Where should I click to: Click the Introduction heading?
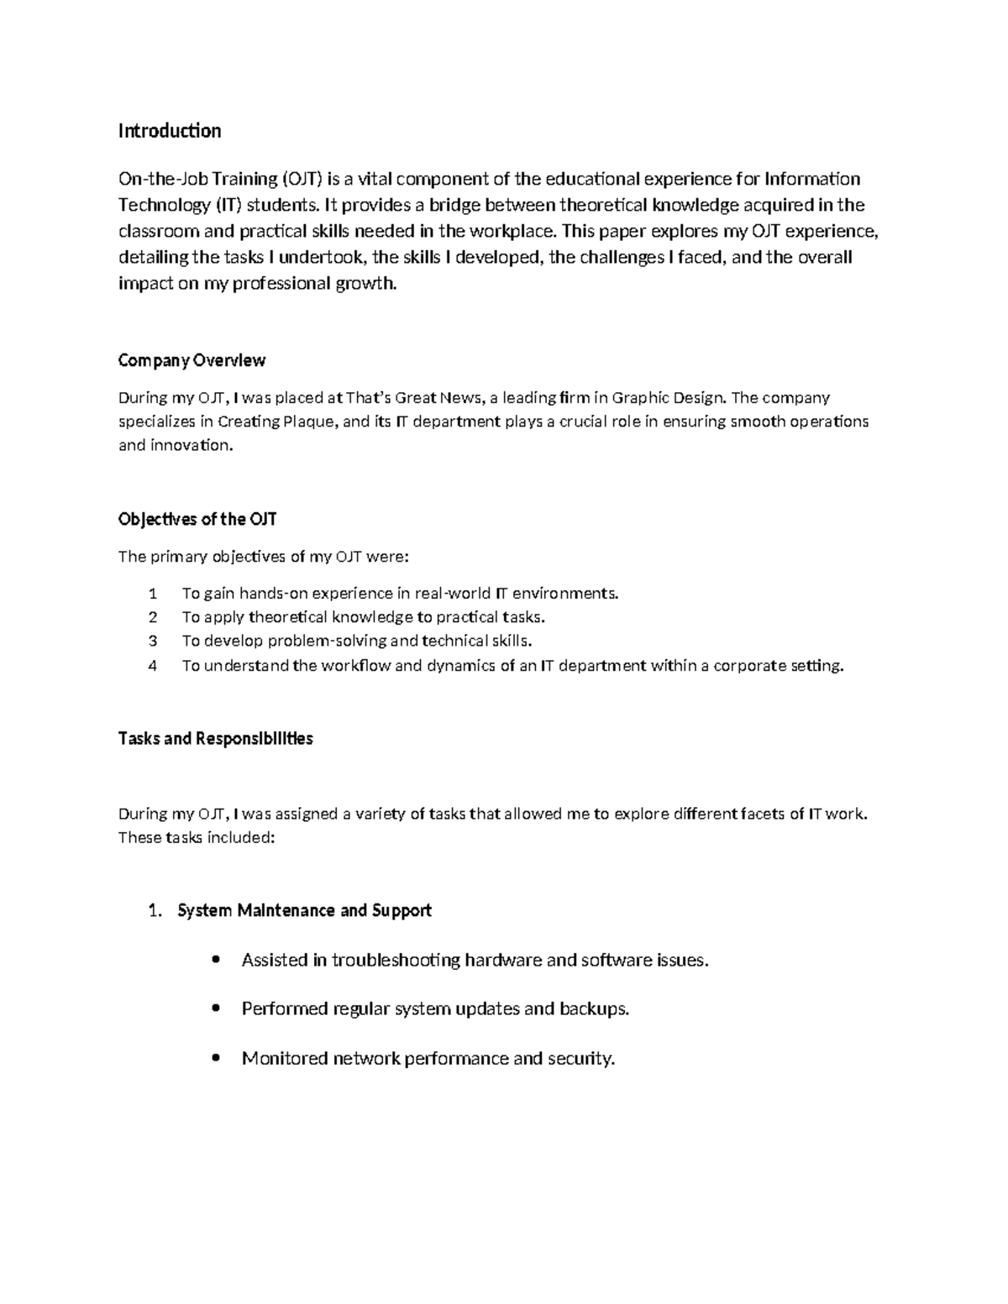pyautogui.click(x=170, y=131)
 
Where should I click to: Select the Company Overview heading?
pyautogui.click(x=192, y=360)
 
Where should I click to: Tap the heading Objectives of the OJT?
pyautogui.click(x=197, y=519)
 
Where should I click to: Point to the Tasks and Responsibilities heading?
pyautogui.click(x=216, y=739)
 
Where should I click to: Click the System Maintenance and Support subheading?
pyautogui.click(x=304, y=910)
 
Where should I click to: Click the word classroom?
pyautogui.click(x=159, y=231)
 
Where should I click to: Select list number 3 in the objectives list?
pyautogui.click(x=153, y=642)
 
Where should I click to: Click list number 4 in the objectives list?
pyautogui.click(x=153, y=666)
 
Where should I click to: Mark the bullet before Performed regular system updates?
pyautogui.click(x=218, y=1008)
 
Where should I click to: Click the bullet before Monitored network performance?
pyautogui.click(x=218, y=1058)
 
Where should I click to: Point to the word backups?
pyautogui.click(x=594, y=1008)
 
